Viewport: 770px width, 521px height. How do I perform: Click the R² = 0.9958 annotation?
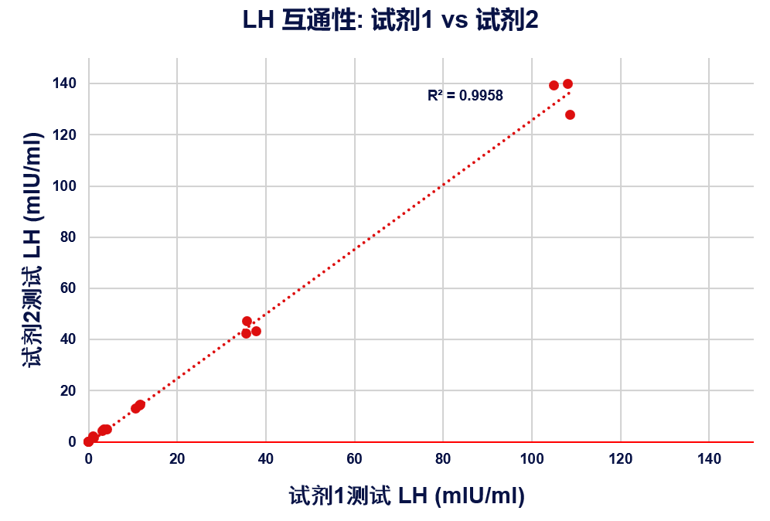coord(465,96)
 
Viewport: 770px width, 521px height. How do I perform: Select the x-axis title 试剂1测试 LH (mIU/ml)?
coord(407,495)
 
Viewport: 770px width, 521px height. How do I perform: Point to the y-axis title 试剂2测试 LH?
coord(34,249)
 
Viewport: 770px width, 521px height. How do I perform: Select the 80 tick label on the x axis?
coord(443,459)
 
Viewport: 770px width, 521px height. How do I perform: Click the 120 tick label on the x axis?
coord(620,459)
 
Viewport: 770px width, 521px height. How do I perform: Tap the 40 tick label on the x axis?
coord(266,459)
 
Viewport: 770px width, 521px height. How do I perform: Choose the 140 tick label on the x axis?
coord(709,459)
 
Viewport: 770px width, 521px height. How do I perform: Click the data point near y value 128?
coord(570,115)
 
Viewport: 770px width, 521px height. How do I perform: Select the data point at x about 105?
coord(554,85)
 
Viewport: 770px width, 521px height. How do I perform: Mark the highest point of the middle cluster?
coord(247,321)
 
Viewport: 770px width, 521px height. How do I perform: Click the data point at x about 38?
coord(256,332)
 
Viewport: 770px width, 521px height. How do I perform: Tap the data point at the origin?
coord(88,441)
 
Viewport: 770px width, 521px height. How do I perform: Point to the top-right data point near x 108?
coord(567,83)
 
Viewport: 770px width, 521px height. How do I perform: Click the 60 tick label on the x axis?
coord(354,459)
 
